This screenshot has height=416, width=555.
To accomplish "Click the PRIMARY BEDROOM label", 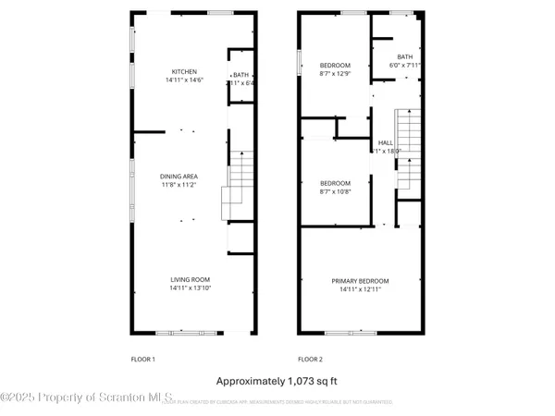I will (361, 281).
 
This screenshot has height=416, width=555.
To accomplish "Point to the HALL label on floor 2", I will (385, 142).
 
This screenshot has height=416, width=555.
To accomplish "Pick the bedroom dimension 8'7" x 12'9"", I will (335, 72).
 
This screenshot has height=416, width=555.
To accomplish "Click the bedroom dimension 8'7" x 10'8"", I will (335, 190).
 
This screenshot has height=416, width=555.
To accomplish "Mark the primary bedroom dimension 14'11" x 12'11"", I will (361, 289).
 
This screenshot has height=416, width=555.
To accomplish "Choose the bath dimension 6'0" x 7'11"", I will (405, 65).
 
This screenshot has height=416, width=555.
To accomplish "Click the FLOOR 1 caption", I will (142, 358).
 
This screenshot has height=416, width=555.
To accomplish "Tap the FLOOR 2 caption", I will (310, 358).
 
